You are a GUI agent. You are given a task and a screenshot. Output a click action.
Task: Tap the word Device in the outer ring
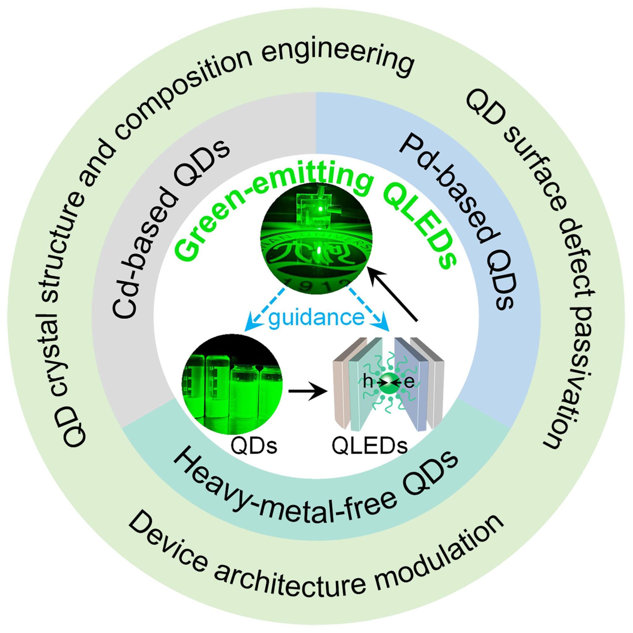(x=170, y=537)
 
